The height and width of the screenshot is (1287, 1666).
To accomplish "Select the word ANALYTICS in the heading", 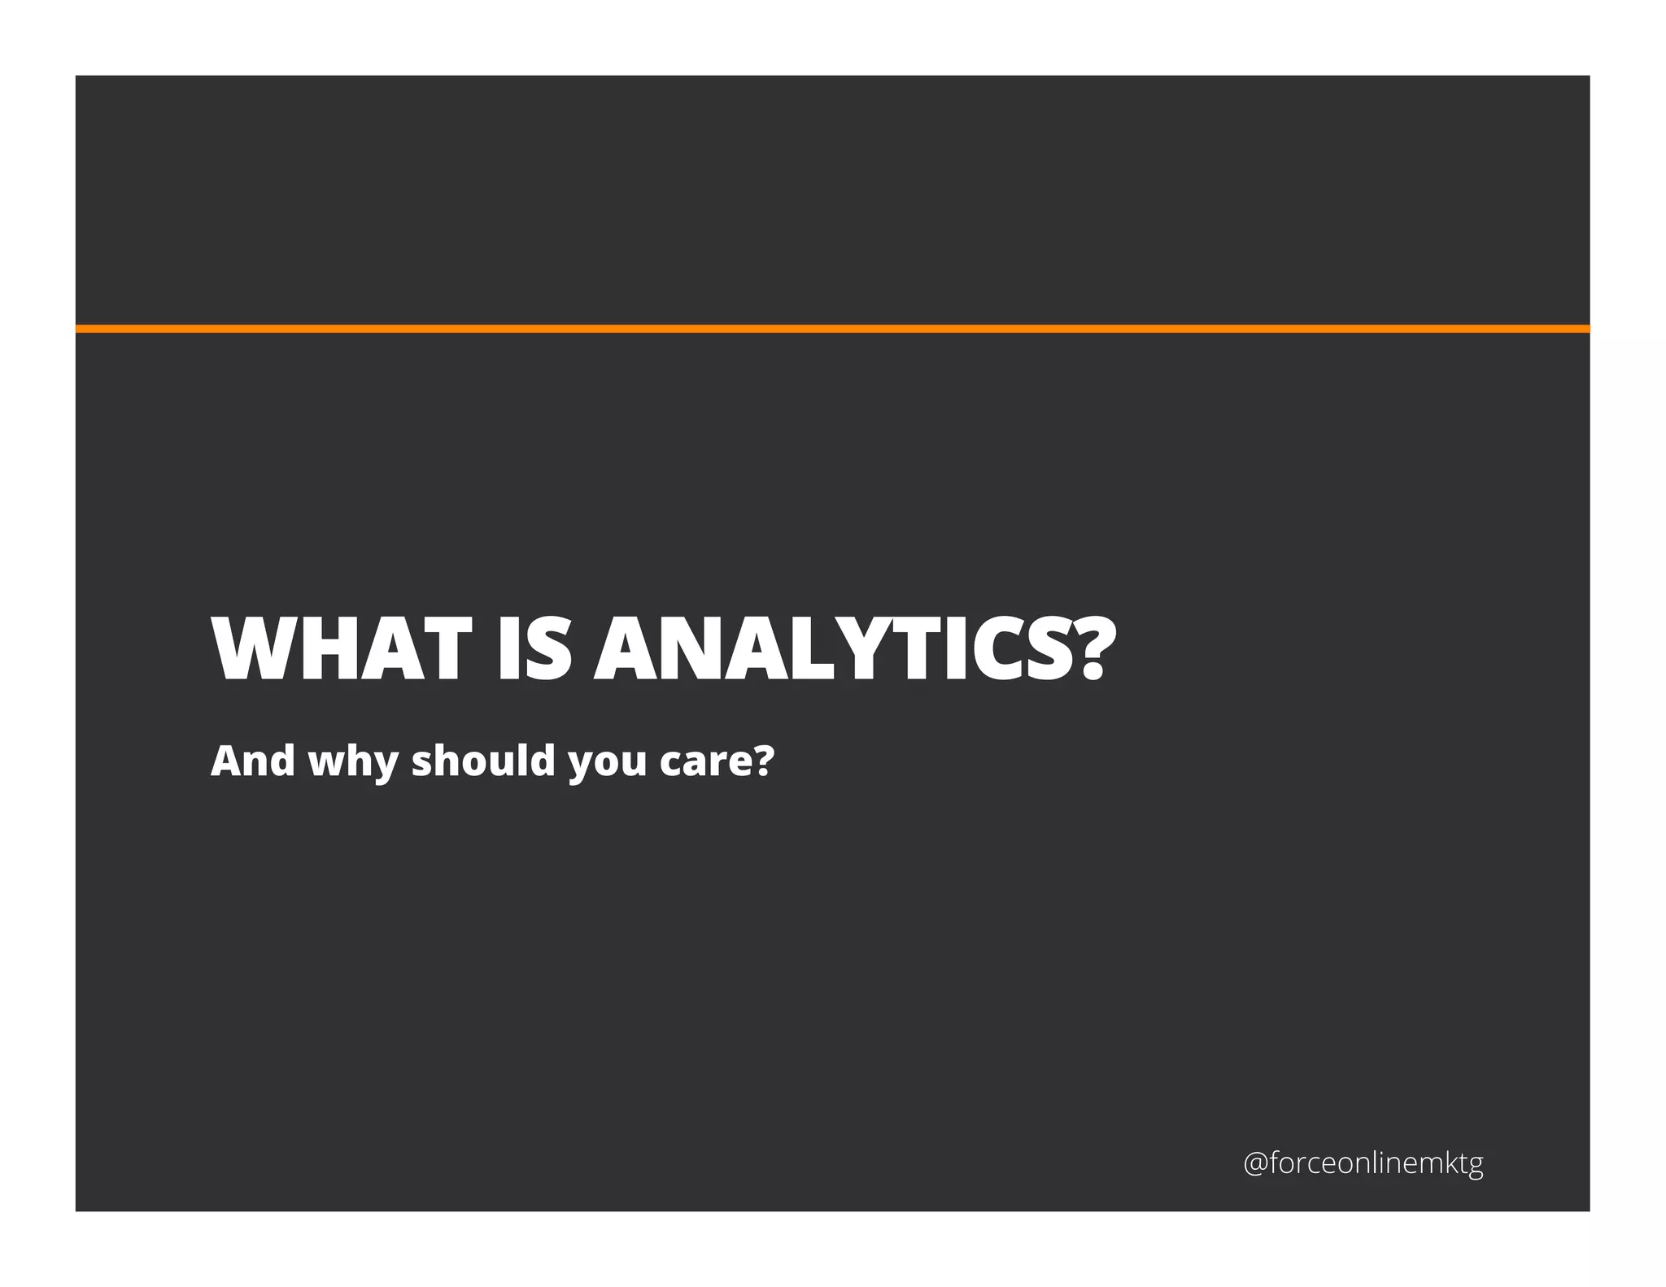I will (834, 648).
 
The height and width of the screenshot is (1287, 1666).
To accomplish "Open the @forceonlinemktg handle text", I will (1363, 1163).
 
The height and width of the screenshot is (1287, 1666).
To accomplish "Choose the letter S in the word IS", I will (548, 648).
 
